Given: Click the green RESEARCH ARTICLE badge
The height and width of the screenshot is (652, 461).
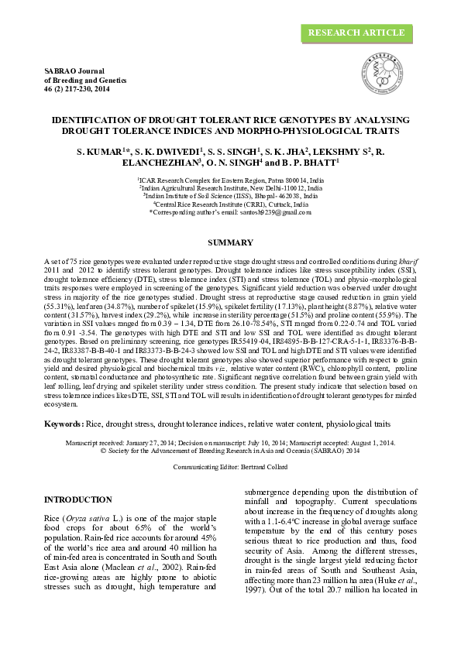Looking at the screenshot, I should click(x=356, y=33).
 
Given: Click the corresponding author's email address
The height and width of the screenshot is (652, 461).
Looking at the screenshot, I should click(x=263, y=211).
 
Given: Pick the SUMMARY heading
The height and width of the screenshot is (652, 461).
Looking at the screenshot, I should click(x=231, y=243).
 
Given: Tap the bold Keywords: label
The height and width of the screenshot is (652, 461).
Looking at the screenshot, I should click(x=64, y=424).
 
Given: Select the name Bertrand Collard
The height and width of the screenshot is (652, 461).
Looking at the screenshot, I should click(x=262, y=468).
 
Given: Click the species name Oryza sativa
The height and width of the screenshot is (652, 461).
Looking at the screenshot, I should click(x=95, y=516).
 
